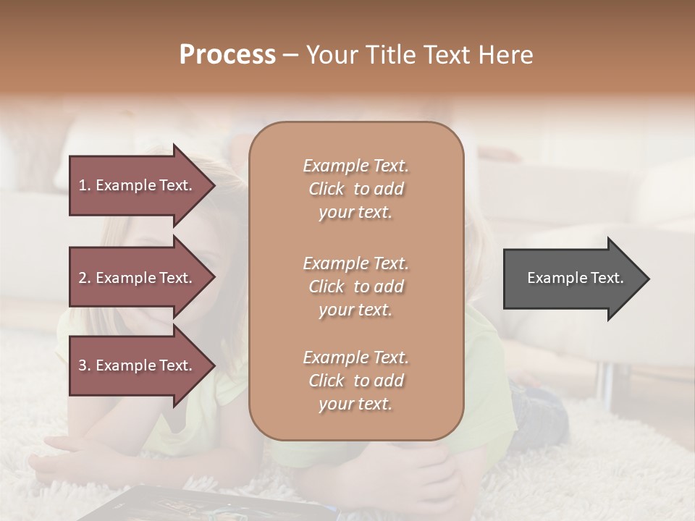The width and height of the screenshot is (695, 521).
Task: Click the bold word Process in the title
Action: [x=227, y=55]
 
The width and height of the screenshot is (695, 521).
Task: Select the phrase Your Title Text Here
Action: [x=419, y=55]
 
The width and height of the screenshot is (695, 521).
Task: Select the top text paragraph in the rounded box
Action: [x=355, y=189]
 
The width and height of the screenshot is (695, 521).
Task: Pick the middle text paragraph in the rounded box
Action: [x=355, y=287]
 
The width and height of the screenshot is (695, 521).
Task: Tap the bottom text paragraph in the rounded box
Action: [x=355, y=381]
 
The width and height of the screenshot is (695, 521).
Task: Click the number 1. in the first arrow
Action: [x=85, y=185]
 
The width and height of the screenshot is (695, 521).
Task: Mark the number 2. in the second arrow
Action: [x=85, y=278]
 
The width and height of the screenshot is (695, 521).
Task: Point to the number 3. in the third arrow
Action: [x=85, y=365]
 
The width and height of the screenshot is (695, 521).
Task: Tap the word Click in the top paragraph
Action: [x=327, y=189]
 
